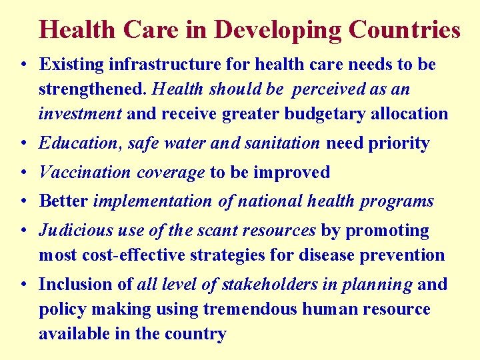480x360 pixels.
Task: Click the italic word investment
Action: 80,114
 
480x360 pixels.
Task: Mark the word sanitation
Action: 281,143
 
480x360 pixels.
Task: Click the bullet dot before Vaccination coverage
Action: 23,173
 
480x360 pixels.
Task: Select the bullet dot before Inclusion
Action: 23,285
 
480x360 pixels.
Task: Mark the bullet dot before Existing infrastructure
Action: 23,65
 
